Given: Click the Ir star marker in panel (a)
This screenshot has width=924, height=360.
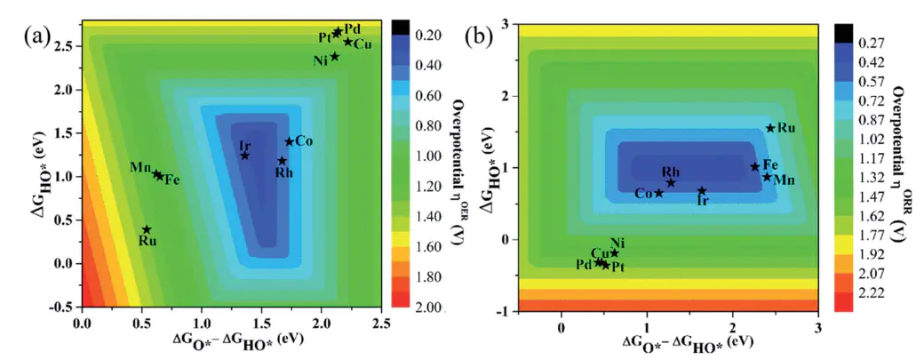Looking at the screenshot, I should (x=245, y=156).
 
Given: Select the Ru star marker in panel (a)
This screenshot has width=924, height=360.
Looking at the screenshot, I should (x=147, y=229).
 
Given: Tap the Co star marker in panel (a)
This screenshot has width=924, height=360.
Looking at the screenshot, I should (x=289, y=141).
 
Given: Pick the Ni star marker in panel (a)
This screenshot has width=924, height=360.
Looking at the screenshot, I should (x=335, y=57).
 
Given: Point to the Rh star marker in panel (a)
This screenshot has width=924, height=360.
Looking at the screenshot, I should (x=283, y=161).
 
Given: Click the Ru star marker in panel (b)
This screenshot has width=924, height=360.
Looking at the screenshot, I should (x=770, y=128).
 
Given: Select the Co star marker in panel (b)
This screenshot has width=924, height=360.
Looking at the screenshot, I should (x=659, y=193).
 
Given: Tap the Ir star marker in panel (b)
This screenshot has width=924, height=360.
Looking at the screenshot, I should (x=702, y=190).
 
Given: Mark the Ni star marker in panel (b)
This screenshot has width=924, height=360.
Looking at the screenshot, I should (x=614, y=252).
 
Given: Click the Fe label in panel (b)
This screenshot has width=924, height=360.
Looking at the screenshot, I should (x=770, y=164).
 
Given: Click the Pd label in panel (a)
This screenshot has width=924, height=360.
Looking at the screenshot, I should (x=352, y=28).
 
